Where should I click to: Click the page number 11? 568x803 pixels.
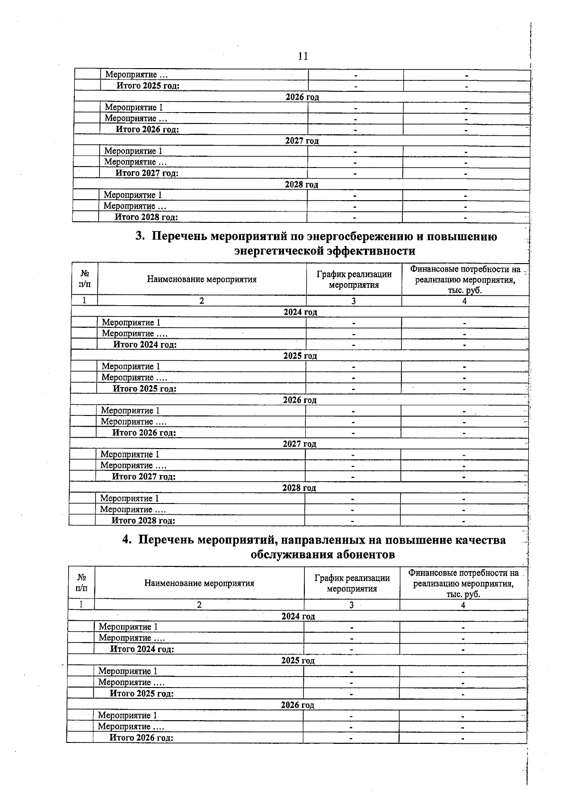pyautogui.click(x=303, y=56)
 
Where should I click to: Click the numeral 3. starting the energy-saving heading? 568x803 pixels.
pyautogui.click(x=140, y=236)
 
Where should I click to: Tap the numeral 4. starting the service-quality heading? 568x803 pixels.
pyautogui.click(x=127, y=540)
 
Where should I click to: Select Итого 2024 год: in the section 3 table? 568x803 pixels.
pyautogui.click(x=145, y=344)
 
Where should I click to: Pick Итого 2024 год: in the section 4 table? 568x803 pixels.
pyautogui.click(x=142, y=649)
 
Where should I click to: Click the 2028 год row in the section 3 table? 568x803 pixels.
pyautogui.click(x=299, y=487)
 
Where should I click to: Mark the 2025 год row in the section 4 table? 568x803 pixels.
pyautogui.click(x=298, y=660)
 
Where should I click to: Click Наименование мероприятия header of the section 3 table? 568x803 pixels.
pyautogui.click(x=202, y=279)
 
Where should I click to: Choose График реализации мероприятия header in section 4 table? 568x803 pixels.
pyautogui.click(x=352, y=583)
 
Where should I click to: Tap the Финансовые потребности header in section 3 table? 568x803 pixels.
pyautogui.click(x=465, y=279)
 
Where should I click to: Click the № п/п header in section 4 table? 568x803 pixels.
pyautogui.click(x=81, y=583)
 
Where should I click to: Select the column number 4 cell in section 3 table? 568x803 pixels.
pyautogui.click(x=464, y=301)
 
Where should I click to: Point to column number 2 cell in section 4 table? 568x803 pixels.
pyautogui.click(x=199, y=605)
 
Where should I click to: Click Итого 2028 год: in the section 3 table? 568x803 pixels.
pyautogui.click(x=143, y=521)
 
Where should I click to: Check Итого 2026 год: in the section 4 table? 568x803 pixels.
pyautogui.click(x=141, y=738)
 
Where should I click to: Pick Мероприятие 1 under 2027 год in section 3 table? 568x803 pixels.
pyautogui.click(x=130, y=454)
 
